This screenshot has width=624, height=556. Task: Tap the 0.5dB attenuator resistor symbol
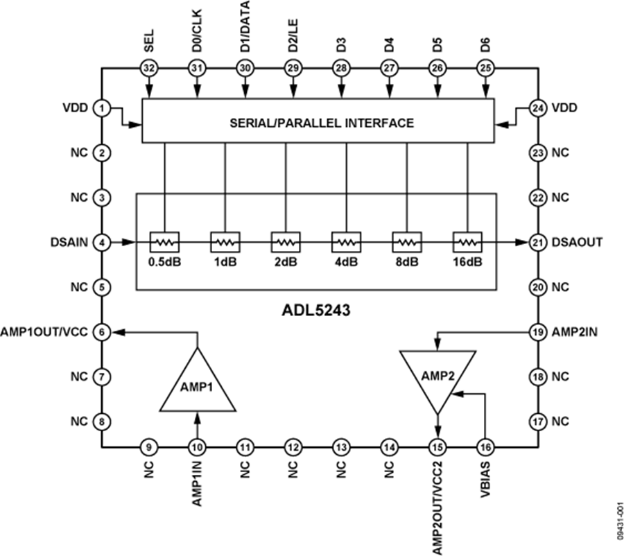(164, 242)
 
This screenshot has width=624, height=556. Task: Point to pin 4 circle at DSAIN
(102, 242)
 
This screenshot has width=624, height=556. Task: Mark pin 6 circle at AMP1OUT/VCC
(102, 332)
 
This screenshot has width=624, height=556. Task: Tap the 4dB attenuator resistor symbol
(345, 242)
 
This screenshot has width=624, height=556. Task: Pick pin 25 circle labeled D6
(485, 68)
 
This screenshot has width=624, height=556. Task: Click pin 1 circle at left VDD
(102, 108)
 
